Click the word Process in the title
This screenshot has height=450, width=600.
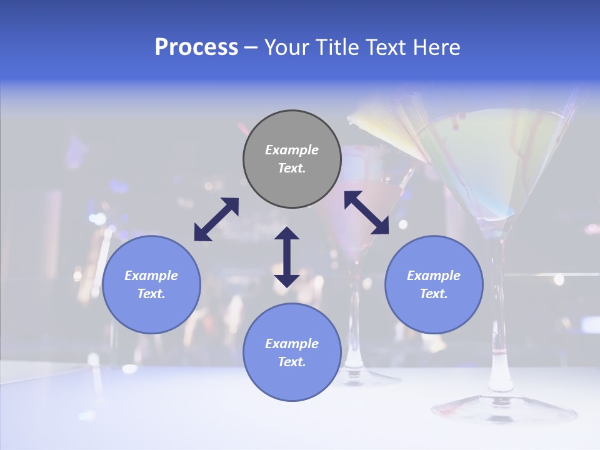point(196,47)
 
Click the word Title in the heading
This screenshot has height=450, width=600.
point(334,47)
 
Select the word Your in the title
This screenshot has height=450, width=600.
point(287,47)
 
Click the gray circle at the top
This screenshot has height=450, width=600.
point(292,159)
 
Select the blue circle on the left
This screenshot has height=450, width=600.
point(151,284)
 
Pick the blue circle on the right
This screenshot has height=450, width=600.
point(434,284)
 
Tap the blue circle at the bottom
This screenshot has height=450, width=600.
point(292,352)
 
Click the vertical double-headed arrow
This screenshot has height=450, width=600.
point(287,257)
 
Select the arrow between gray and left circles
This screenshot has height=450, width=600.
point(216,219)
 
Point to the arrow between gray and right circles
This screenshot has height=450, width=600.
point(366,212)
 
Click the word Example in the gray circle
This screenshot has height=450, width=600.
point(292,150)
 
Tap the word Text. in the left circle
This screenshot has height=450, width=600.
point(151,294)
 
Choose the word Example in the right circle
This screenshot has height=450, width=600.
point(434,276)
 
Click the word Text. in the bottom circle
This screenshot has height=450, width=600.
point(292,362)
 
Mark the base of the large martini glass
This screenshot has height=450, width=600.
point(504,409)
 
